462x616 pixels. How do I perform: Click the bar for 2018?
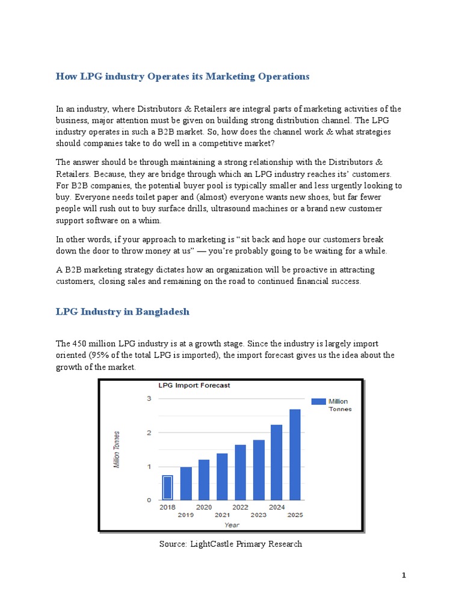coord(168,487)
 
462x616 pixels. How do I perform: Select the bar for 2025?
coord(295,454)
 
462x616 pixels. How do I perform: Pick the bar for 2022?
coord(240,472)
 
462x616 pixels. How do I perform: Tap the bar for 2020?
coord(204,479)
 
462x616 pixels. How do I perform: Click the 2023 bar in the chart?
coord(259,469)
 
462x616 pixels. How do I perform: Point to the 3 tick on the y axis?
coord(148,398)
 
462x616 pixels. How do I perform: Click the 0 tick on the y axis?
coord(148,500)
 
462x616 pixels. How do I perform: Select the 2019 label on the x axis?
coord(186,515)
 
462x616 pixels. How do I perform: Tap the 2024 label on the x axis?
coord(277,508)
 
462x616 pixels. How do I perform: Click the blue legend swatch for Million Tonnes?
coord(318,401)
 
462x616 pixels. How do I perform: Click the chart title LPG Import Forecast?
coord(194,385)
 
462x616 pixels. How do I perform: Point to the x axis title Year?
coord(232,525)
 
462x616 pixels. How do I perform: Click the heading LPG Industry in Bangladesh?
coord(122,312)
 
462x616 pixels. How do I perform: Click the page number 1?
coord(404,576)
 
